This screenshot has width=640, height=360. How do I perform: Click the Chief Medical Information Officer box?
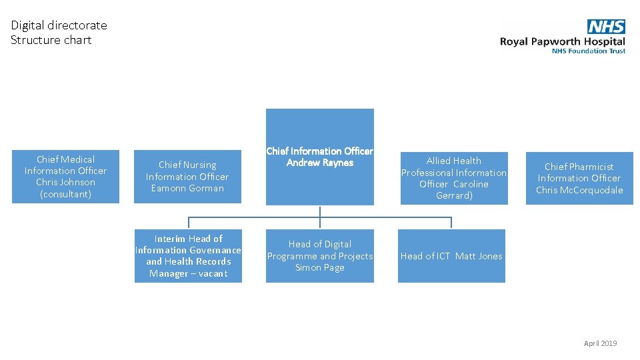tap(65, 177)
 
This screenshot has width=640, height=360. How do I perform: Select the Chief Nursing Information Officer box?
tap(187, 177)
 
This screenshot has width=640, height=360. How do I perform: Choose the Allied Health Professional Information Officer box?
tap(453, 177)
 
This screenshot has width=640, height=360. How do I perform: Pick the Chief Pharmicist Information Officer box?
tap(579, 178)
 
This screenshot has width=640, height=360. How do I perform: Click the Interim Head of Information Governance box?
tap(188, 256)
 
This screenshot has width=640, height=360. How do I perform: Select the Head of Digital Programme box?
tap(320, 256)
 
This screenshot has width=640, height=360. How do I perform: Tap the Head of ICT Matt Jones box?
tap(451, 256)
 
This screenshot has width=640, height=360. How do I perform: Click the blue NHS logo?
tap(606, 27)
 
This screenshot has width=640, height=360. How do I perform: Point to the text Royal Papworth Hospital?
tap(563, 41)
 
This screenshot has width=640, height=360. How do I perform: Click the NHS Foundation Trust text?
tap(589, 51)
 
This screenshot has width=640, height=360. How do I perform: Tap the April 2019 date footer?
tap(600, 343)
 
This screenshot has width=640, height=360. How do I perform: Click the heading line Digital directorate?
tap(59, 25)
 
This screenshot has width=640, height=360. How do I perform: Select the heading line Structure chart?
tap(51, 40)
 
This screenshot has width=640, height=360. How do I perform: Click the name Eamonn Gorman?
tap(187, 188)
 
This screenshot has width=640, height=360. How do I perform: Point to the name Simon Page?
tap(320, 267)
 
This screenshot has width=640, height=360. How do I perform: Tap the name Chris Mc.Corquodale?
tap(579, 190)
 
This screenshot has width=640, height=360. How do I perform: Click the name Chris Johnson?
tap(65, 182)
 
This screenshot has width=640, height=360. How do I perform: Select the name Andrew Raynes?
tap(320, 163)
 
